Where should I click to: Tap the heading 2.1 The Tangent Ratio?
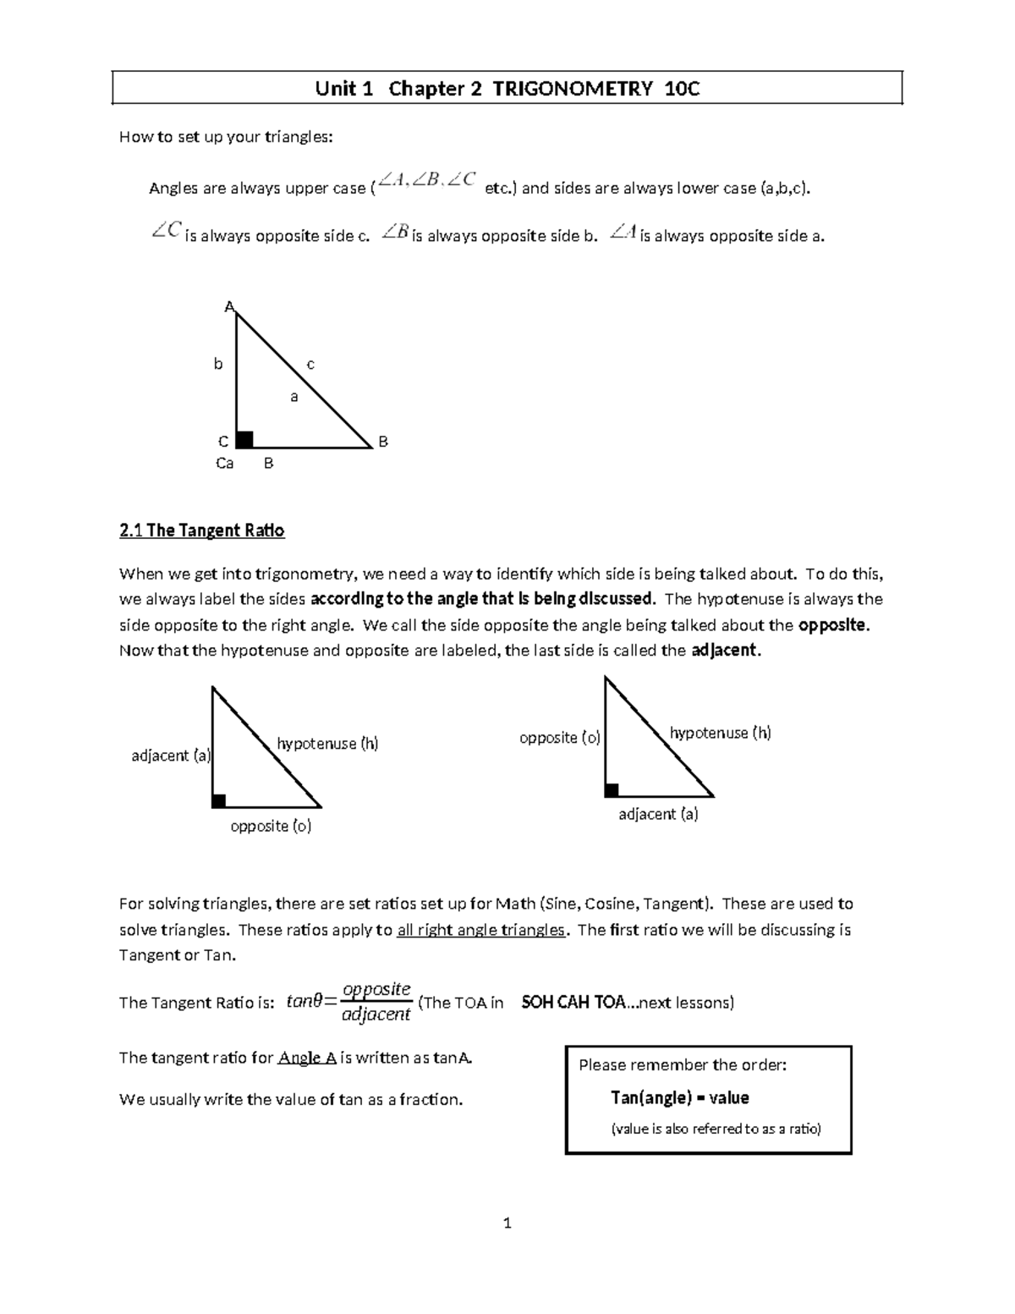pos(202,531)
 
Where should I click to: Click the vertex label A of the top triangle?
pos(228,306)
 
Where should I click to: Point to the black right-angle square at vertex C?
pos(244,439)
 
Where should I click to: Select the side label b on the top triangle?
pos(218,365)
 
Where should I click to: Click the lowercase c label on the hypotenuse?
pos(310,365)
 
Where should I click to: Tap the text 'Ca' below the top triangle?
pos(224,464)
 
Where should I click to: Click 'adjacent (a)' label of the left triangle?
pos(171,756)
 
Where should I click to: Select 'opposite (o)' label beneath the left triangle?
pos(271,826)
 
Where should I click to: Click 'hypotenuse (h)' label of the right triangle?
pos(720,733)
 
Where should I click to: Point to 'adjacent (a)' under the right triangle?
pos(658,814)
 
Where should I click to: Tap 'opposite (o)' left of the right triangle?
pos(559,738)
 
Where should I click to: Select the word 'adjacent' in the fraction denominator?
pos(376,1014)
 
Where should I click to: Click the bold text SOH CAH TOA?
pos(573,1003)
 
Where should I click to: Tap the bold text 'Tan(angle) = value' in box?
pos(679,1097)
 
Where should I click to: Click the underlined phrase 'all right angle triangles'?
pos(480,930)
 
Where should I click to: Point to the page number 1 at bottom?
pos(507,1223)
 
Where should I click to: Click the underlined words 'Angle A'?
pos(307,1058)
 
